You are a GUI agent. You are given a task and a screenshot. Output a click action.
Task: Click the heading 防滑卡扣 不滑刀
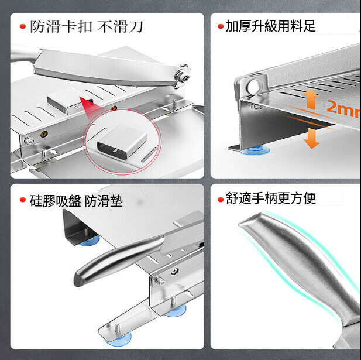(x=87, y=27)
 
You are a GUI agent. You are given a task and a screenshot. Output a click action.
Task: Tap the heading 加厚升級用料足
(x=271, y=26)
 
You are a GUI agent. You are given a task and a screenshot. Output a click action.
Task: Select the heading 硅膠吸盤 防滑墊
(x=76, y=201)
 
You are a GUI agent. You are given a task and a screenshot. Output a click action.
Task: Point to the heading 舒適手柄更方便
(x=271, y=198)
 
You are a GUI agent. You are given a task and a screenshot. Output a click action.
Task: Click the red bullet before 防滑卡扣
(x=23, y=26)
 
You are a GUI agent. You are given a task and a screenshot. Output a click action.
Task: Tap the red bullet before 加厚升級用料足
(x=221, y=26)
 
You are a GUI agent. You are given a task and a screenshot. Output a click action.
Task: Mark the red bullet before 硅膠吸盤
(x=23, y=200)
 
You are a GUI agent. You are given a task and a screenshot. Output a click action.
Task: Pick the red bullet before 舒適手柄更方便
(x=221, y=200)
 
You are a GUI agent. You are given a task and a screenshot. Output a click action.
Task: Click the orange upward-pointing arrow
(x=311, y=99)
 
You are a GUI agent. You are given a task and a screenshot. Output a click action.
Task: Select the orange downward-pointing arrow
(x=311, y=138)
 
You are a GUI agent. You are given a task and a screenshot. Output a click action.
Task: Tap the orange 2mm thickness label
(x=343, y=109)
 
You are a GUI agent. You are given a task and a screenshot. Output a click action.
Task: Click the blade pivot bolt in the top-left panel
(x=182, y=77)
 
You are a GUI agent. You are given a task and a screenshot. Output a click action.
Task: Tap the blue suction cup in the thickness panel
(x=255, y=150)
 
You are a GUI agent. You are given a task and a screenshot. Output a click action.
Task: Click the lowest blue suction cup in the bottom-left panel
(x=118, y=340)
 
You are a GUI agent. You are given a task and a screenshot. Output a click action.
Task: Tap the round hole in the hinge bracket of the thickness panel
(x=253, y=87)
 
